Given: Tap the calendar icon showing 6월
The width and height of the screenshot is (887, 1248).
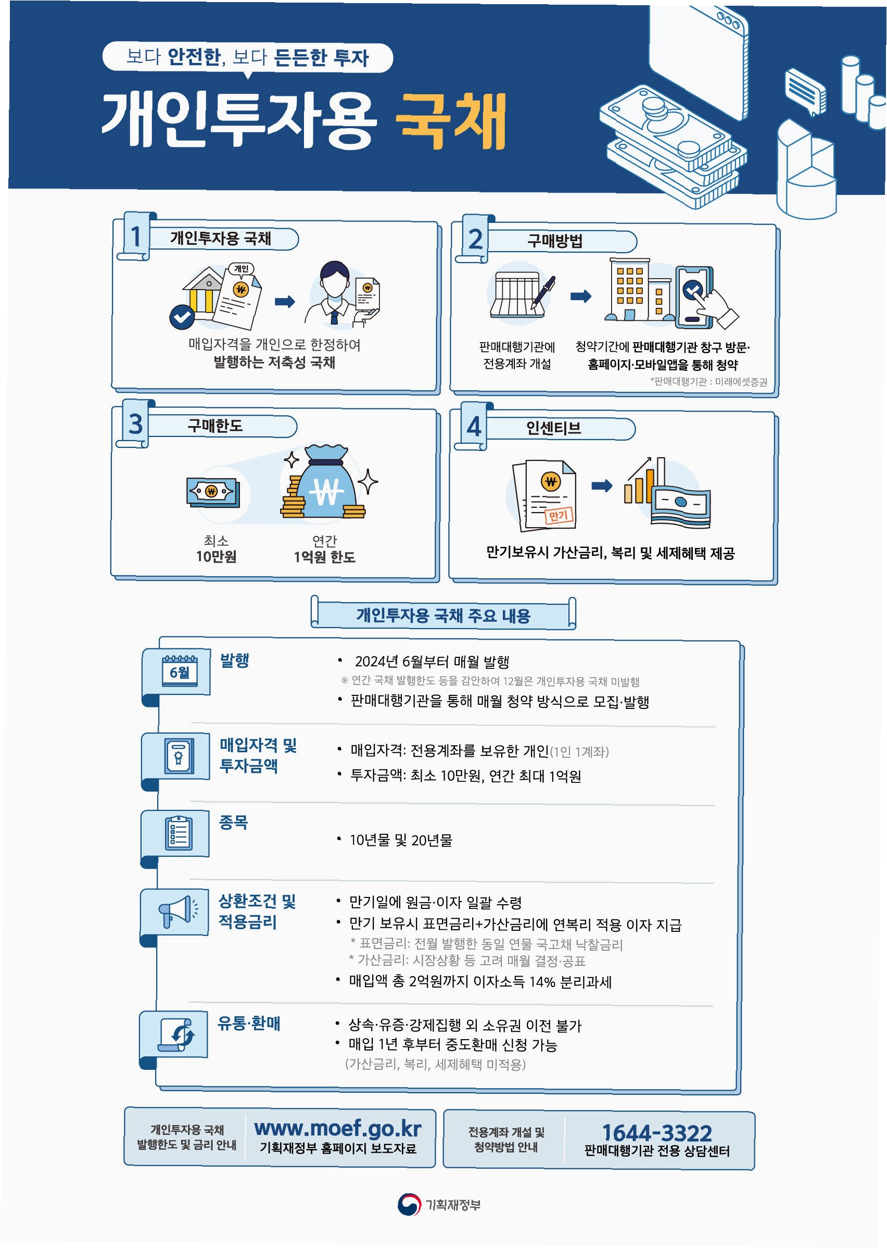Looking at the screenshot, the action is coord(180,671).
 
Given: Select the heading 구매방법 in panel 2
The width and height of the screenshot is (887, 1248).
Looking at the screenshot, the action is coord(554,241).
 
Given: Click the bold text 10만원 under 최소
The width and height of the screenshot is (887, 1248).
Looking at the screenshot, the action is coord(217,557).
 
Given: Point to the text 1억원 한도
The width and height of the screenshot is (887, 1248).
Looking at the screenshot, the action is coord(324,557).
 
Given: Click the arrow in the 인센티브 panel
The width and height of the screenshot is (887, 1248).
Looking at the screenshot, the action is coord(601,485).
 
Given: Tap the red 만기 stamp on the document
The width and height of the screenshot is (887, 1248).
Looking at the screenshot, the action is coord(559,515).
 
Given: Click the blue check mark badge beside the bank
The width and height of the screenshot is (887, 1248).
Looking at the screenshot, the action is coord(182,316).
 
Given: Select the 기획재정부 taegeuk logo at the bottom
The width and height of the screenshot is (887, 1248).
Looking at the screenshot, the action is coord(409,1204).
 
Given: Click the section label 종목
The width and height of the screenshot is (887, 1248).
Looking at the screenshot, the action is coord(234,822).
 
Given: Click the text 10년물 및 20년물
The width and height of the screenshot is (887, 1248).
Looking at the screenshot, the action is coord(401,840).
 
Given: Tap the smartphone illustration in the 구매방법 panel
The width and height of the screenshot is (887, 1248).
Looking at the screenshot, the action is coord(694,297).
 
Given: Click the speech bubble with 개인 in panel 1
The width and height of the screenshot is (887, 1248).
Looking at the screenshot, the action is coord(241,268).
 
